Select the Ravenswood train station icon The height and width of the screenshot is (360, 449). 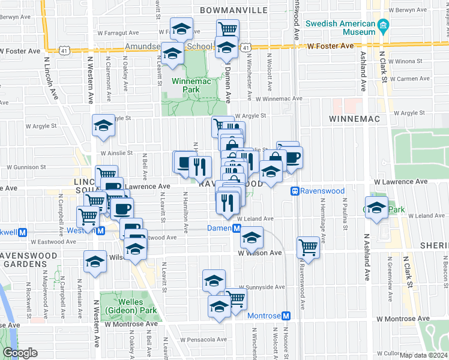coord(295,191)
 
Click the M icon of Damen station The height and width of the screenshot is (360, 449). coord(237,229)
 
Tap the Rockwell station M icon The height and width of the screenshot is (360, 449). coord(23,232)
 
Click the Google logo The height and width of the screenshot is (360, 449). coord(20,353)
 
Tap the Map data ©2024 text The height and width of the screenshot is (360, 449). coord(422,355)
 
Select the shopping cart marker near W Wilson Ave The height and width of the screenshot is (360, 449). coord(308,247)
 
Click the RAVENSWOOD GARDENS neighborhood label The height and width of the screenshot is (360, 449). coord(29,261)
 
